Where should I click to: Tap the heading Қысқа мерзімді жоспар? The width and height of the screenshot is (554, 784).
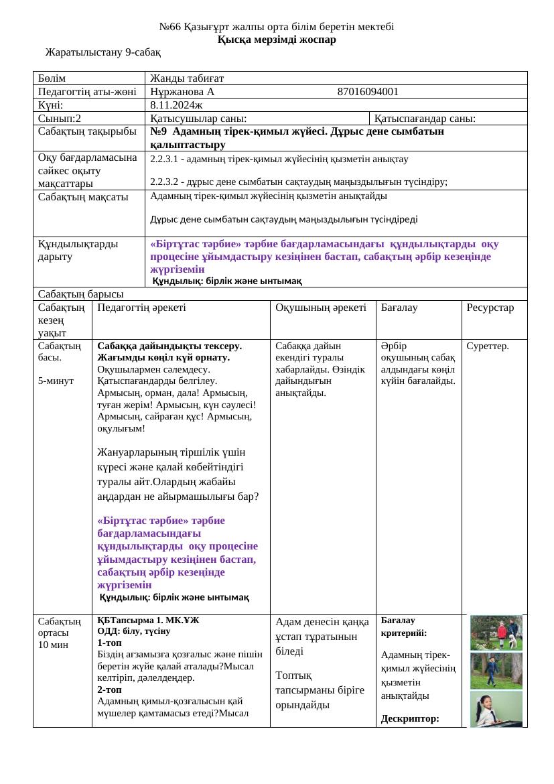pos(277,40)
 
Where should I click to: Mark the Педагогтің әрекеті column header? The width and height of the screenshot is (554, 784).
pos(141,308)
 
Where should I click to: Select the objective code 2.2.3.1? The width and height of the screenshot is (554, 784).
pos(165,159)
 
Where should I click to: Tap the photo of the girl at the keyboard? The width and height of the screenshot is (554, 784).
pos(496,709)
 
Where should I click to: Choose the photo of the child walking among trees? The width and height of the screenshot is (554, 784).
pos(496,670)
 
